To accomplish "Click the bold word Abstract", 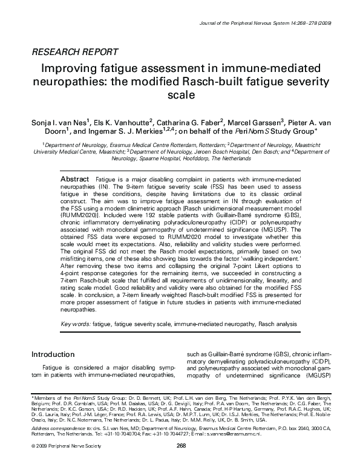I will pyautogui.click(x=75, y=164).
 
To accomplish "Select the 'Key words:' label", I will pyautogui.click(x=76, y=324).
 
